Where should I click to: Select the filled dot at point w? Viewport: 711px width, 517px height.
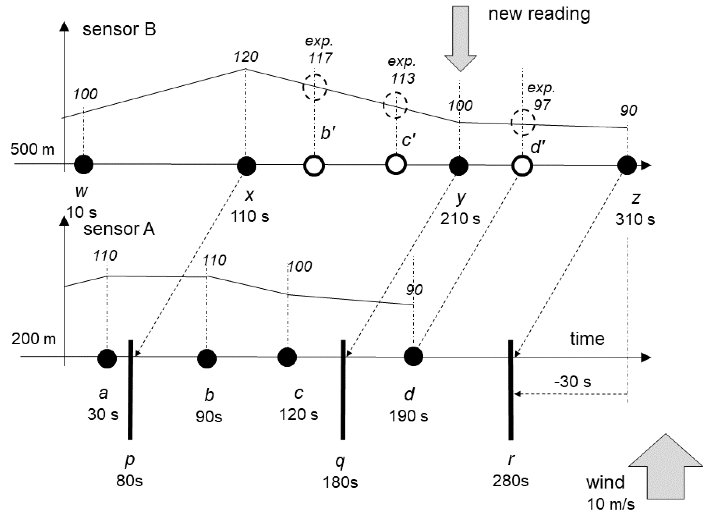coord(84,164)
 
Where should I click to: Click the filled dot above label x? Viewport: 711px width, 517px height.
coord(247,166)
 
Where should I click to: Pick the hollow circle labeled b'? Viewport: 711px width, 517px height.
coord(314,166)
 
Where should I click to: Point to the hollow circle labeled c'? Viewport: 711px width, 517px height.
coord(396,164)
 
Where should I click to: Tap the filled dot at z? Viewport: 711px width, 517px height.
coord(627,165)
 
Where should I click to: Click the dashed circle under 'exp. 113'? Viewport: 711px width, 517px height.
coord(395,105)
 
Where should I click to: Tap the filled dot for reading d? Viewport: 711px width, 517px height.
coord(413,356)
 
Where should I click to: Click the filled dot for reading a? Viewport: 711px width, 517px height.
coord(107,358)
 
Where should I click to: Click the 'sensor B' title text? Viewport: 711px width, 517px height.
coord(119,29)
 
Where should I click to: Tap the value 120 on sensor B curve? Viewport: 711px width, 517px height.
coord(246,57)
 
